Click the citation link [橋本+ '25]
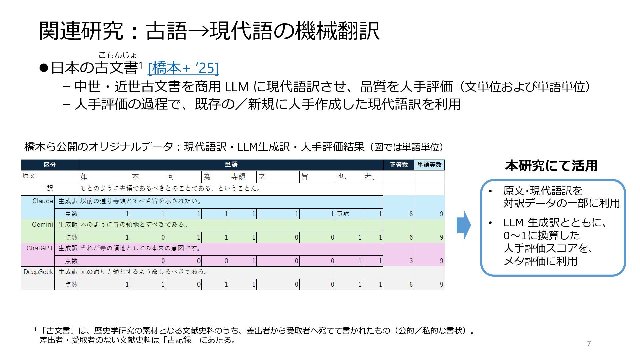pos(183,68)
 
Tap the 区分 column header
pos(50,165)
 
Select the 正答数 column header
pos(399,165)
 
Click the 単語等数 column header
pos(429,165)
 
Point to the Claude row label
pos(43,201)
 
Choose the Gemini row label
pos(42,225)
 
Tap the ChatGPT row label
pos(40,248)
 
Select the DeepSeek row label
pos(38,272)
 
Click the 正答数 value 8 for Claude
pos(411,214)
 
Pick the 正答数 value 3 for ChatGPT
pos(411,261)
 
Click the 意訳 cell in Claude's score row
pos(343,214)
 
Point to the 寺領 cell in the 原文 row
pos(238,176)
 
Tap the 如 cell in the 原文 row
pos(84,176)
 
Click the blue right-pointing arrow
pos(463,225)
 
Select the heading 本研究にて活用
pos(551,166)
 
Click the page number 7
pos(589,344)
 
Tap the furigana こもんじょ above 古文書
pos(117,55)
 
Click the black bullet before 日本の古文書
pos(44,68)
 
